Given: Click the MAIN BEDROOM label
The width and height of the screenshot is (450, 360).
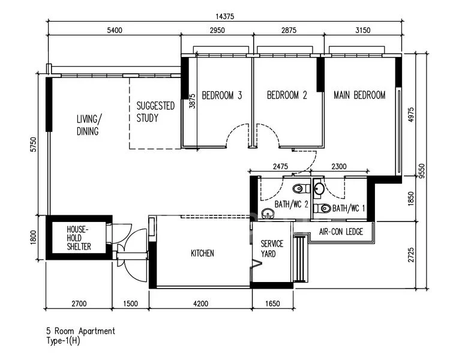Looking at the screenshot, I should click(359, 95).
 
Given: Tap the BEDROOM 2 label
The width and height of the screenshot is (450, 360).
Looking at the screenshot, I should click(287, 95).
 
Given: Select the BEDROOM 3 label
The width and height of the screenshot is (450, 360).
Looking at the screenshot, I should click(221, 95).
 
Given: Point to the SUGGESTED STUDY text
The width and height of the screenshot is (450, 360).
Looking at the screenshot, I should click(155, 112).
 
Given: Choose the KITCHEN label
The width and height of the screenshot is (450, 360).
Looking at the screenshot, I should click(202, 254).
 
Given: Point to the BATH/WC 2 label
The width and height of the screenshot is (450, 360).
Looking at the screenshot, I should click(291, 205).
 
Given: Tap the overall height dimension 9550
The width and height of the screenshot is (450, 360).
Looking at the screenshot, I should click(424, 170).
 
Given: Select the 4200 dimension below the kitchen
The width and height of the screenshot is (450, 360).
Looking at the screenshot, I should click(200, 304).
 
